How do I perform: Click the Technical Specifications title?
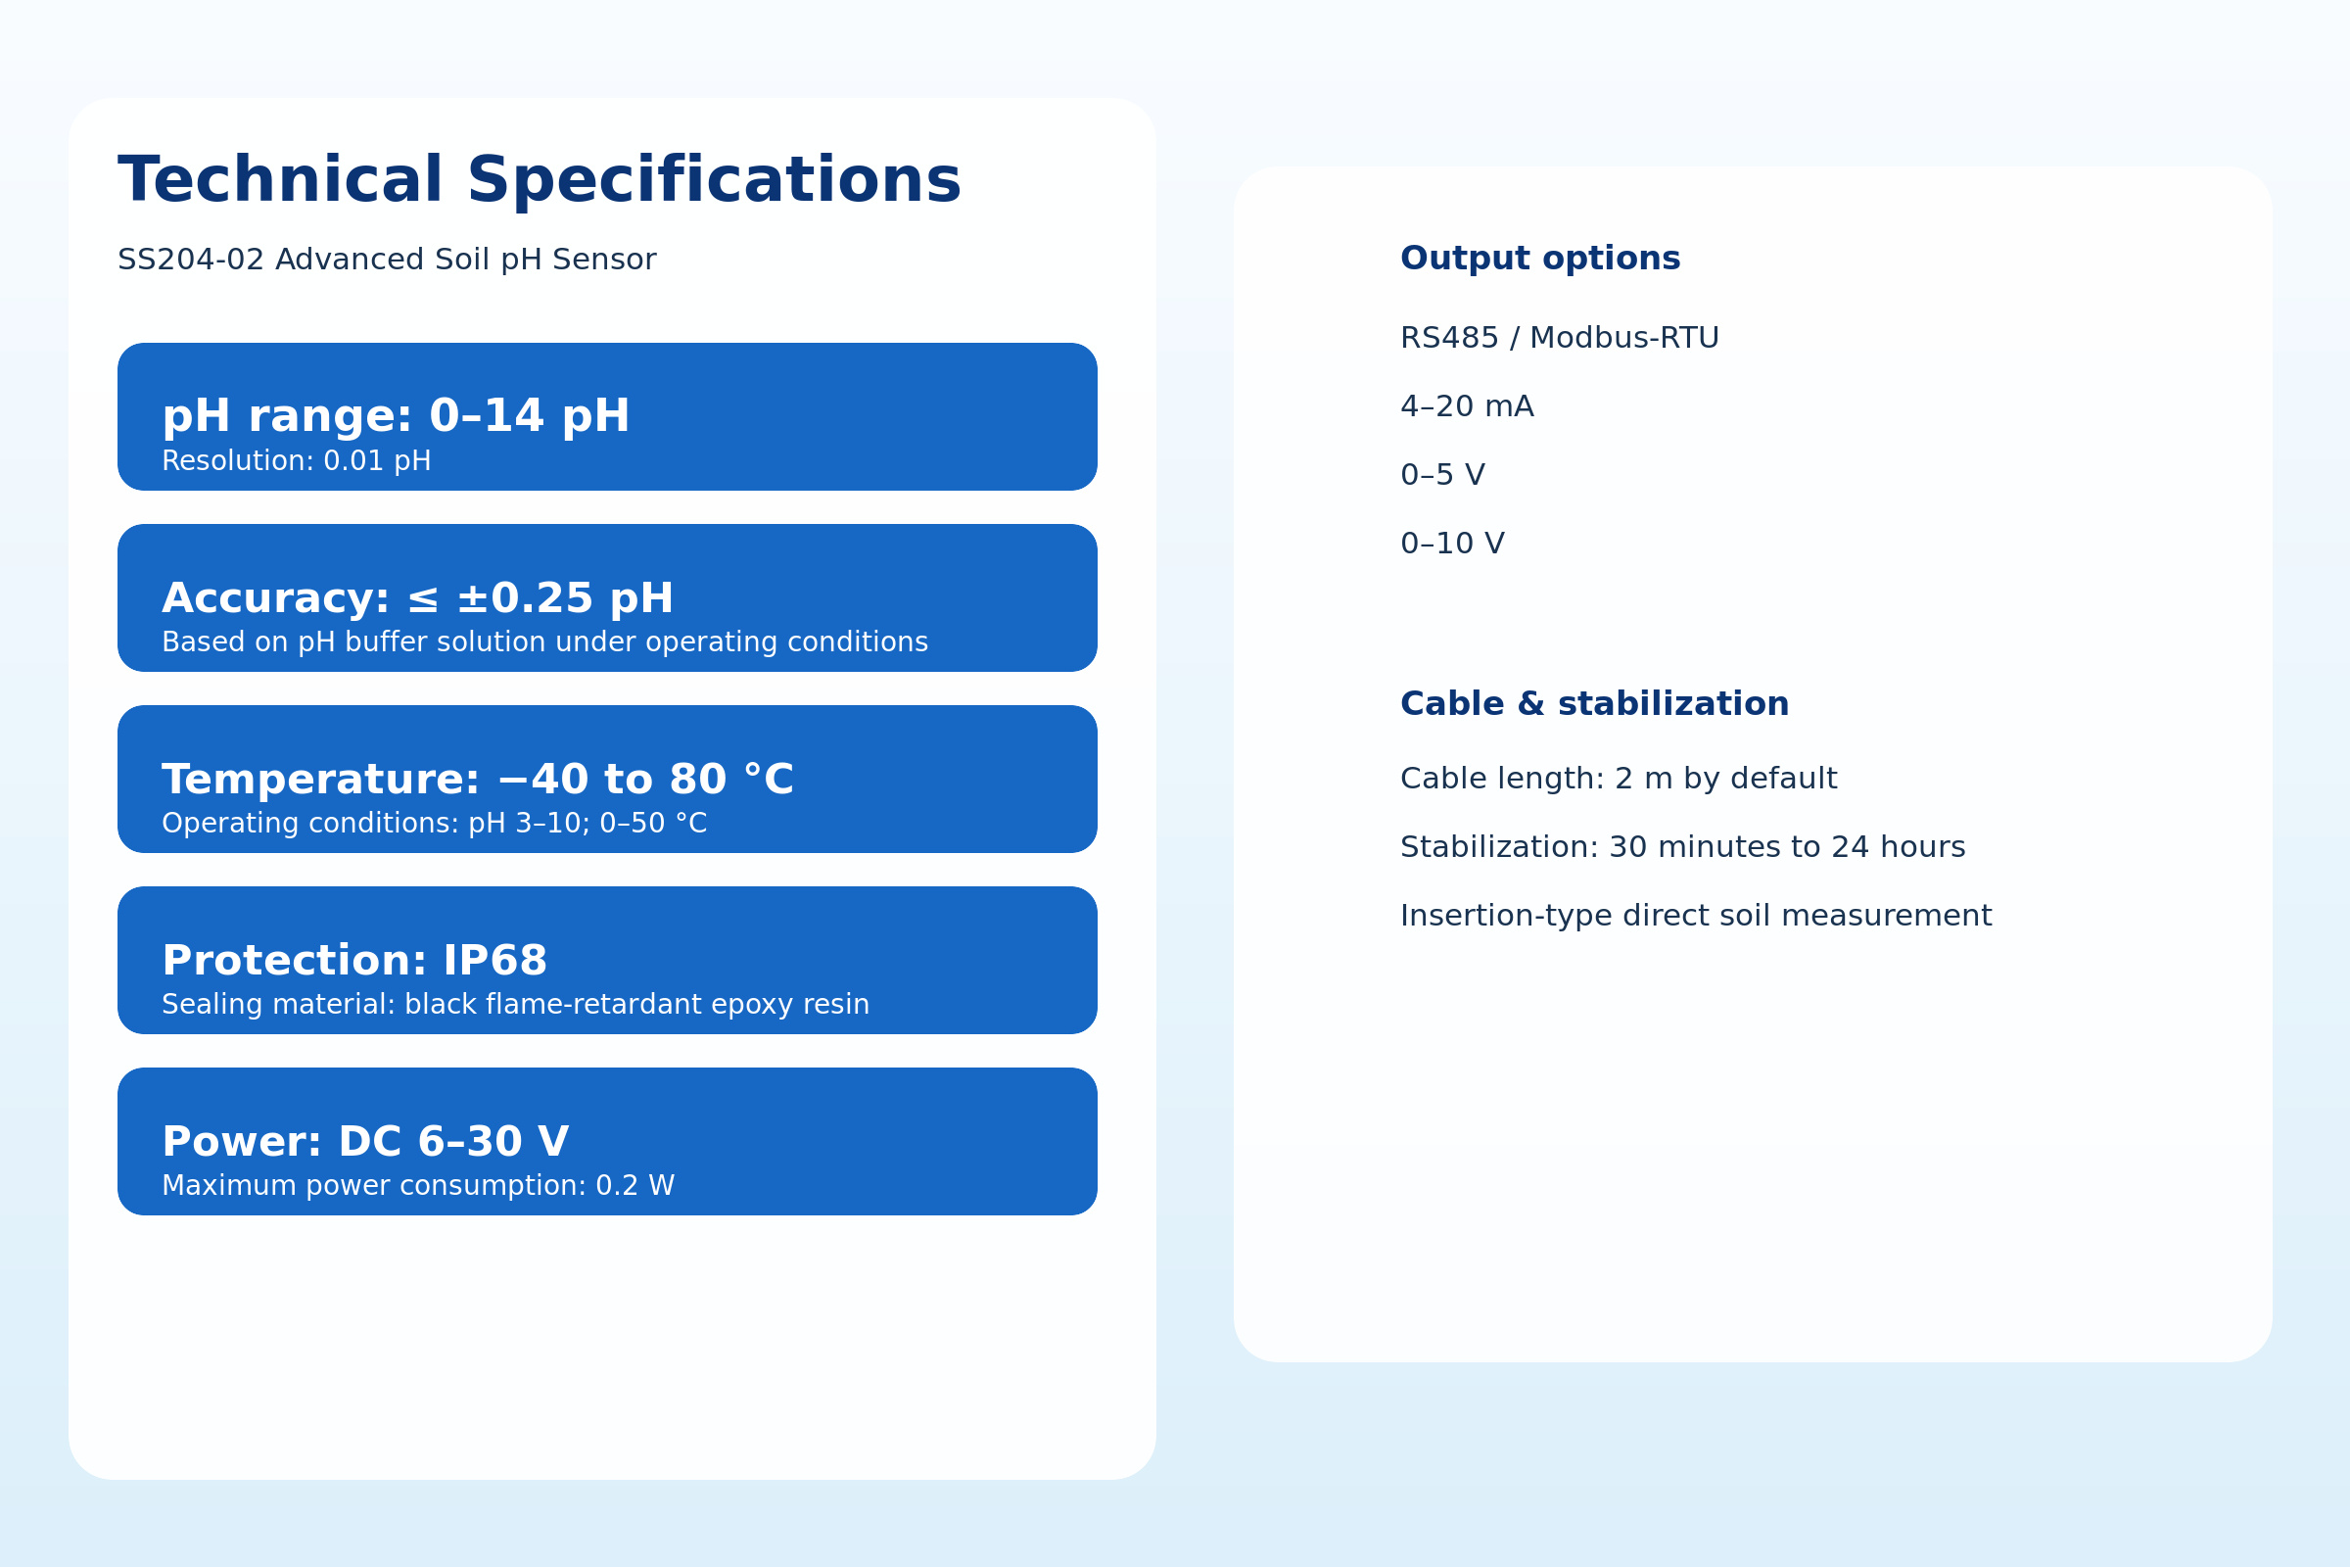[x=540, y=182]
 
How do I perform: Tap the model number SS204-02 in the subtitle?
[x=191, y=260]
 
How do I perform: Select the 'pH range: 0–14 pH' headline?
[x=396, y=417]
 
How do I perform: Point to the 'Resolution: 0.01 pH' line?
[x=297, y=461]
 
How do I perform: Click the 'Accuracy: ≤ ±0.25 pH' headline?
[x=418, y=598]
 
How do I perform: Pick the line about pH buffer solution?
[x=544, y=642]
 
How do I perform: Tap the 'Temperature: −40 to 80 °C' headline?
[x=478, y=780]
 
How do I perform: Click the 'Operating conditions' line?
[x=435, y=824]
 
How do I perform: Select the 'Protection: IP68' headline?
[x=354, y=961]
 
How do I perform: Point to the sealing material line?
[x=516, y=1005]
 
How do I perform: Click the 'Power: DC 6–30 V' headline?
[x=365, y=1142]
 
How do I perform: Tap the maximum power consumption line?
[x=419, y=1185]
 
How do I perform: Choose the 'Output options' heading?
[x=1540, y=259]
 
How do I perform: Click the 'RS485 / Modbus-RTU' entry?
[x=1560, y=339]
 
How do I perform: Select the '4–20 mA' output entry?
[x=1467, y=406]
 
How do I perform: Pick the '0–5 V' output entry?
[x=1442, y=475]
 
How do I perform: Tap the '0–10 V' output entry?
[x=1453, y=544]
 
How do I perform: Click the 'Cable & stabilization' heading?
[x=1595, y=704]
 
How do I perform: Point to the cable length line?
[x=1619, y=780]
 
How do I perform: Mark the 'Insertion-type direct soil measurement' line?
[x=1697, y=917]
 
